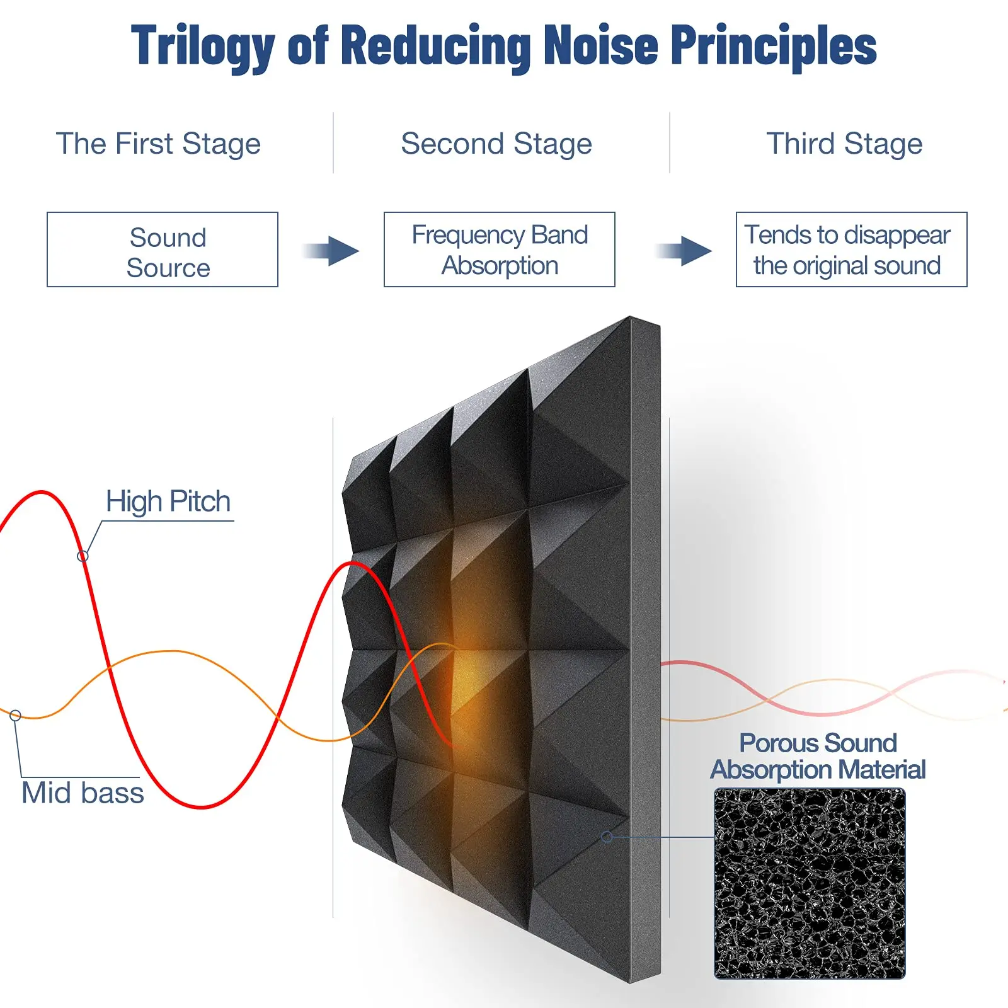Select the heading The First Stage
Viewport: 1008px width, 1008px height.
pyautogui.click(x=158, y=144)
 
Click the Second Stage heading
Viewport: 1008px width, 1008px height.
pyautogui.click(x=496, y=144)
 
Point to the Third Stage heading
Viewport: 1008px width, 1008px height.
pyautogui.click(x=844, y=144)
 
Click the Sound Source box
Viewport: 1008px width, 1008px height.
pyautogui.click(x=163, y=249)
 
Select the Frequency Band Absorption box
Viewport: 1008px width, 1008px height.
pyautogui.click(x=500, y=249)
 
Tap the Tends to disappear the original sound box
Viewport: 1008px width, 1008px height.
pyautogui.click(x=851, y=249)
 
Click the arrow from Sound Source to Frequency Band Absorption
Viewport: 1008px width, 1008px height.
pyautogui.click(x=331, y=251)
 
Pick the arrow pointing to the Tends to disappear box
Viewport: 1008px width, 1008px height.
pyautogui.click(x=684, y=251)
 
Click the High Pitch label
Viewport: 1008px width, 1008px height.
pyautogui.click(x=168, y=502)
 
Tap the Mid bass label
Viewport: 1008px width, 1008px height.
pyautogui.click(x=83, y=793)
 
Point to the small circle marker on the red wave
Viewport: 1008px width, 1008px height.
pyautogui.click(x=83, y=556)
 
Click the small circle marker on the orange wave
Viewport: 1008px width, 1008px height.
pyautogui.click(x=16, y=715)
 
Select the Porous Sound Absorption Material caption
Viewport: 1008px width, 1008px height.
pyautogui.click(x=818, y=756)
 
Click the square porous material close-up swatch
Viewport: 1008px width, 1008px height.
pyautogui.click(x=810, y=883)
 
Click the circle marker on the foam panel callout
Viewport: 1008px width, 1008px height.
pyautogui.click(x=607, y=837)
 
